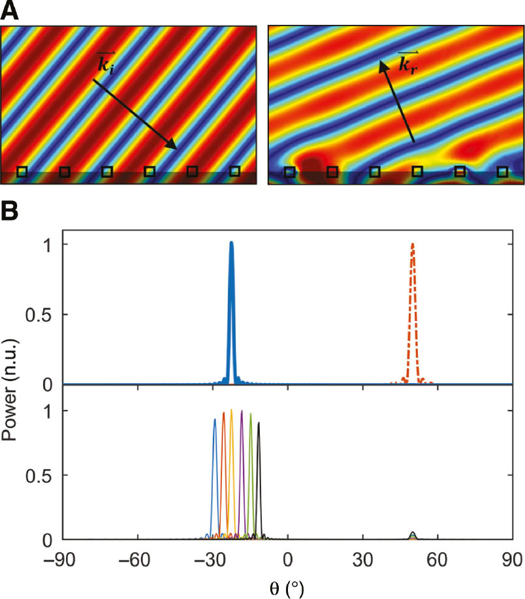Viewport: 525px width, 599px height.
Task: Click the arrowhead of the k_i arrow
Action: [x=174, y=147]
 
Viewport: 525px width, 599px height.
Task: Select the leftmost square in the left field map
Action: [x=22, y=172]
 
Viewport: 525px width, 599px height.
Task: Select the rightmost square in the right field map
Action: [x=502, y=172]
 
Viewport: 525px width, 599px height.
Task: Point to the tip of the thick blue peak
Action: [x=231, y=243]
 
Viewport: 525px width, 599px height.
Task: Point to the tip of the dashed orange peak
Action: [x=413, y=245]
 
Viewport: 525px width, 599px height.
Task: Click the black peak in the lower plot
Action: [x=259, y=423]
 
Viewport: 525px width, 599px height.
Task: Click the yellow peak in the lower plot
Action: [x=232, y=411]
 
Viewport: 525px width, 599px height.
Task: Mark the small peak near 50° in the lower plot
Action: [x=412, y=534]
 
